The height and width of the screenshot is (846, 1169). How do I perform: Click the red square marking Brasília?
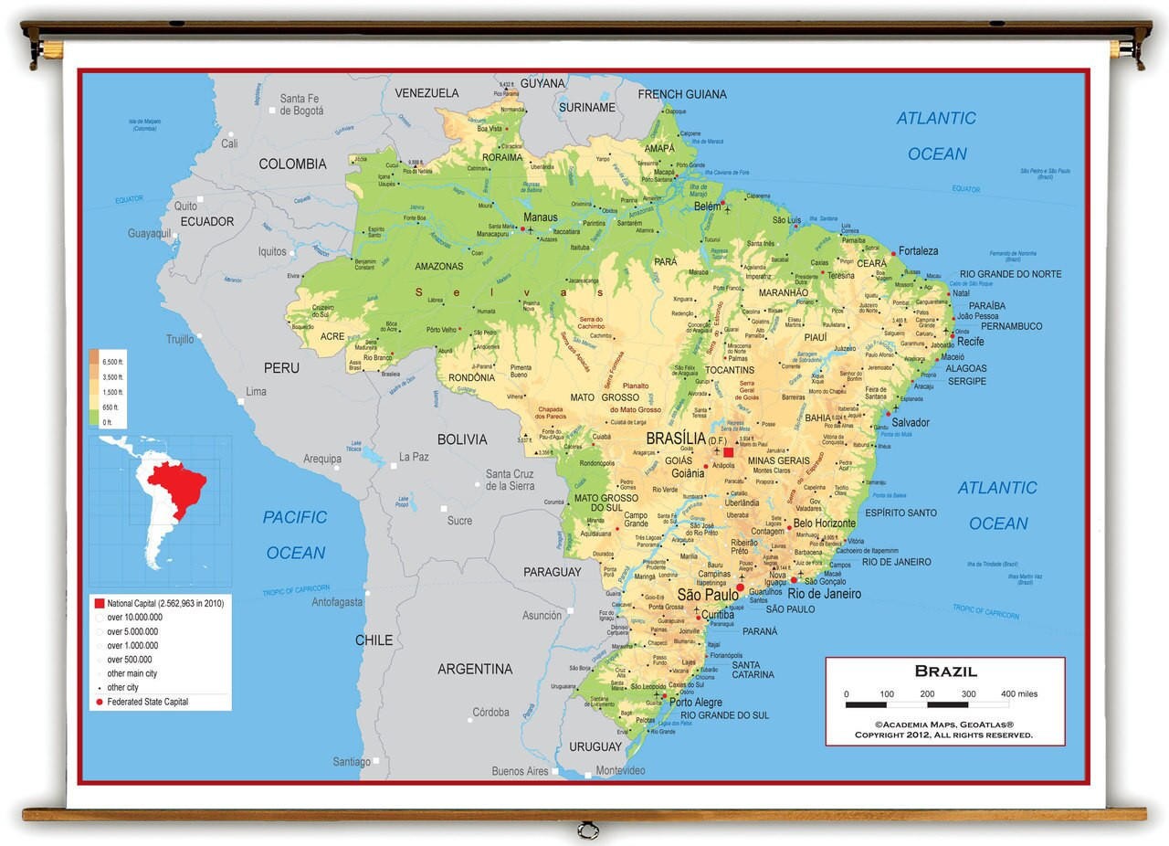click(x=728, y=451)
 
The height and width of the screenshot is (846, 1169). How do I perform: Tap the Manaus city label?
click(x=540, y=217)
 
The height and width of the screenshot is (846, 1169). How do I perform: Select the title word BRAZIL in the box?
click(x=945, y=672)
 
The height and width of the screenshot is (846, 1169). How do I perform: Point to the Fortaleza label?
click(x=918, y=250)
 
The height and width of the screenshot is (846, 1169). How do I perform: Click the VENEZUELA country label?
click(x=427, y=93)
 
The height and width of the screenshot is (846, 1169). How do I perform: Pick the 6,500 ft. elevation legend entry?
click(x=111, y=363)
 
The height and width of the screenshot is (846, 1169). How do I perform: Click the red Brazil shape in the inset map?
click(x=178, y=484)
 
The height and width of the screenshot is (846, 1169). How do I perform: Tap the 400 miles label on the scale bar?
click(x=1018, y=694)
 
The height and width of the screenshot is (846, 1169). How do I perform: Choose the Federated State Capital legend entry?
click(x=147, y=702)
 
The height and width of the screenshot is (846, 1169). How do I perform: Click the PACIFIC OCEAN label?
click(x=295, y=534)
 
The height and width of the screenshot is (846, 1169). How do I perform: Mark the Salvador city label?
click(x=911, y=422)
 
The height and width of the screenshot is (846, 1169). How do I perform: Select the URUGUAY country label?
click(x=595, y=746)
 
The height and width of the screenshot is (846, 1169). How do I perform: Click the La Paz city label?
click(x=414, y=457)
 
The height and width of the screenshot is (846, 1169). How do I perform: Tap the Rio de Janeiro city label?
click(x=825, y=594)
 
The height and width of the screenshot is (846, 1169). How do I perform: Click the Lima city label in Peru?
click(x=256, y=391)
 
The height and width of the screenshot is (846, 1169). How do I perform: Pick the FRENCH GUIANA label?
click(x=682, y=94)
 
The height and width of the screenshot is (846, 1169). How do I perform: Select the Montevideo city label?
click(x=620, y=770)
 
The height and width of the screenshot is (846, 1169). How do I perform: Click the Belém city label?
click(x=708, y=207)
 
